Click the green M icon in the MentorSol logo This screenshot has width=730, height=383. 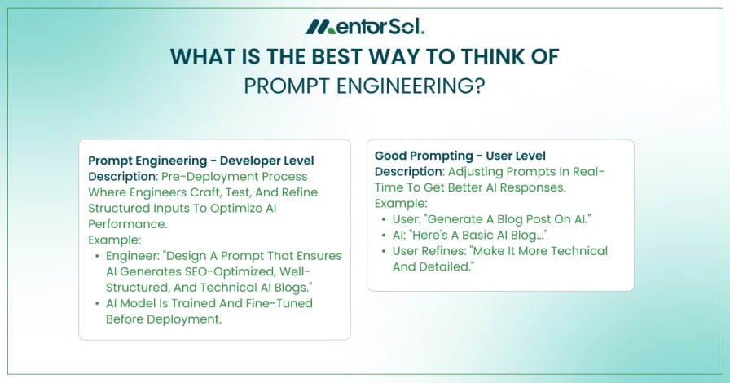(320, 27)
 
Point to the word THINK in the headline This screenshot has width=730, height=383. (491, 57)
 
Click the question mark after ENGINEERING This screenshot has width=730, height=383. (480, 86)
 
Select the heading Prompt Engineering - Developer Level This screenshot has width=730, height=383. (201, 161)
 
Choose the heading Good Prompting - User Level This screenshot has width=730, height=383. (460, 156)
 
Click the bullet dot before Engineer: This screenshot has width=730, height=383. (97, 256)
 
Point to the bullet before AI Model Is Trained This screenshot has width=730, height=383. (97, 303)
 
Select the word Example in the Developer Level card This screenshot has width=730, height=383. (113, 240)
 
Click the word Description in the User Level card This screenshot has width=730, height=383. (409, 172)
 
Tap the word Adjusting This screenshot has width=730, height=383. (477, 172)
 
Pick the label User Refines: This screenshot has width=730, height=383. (429, 251)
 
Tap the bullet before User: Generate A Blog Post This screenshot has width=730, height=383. (384, 219)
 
